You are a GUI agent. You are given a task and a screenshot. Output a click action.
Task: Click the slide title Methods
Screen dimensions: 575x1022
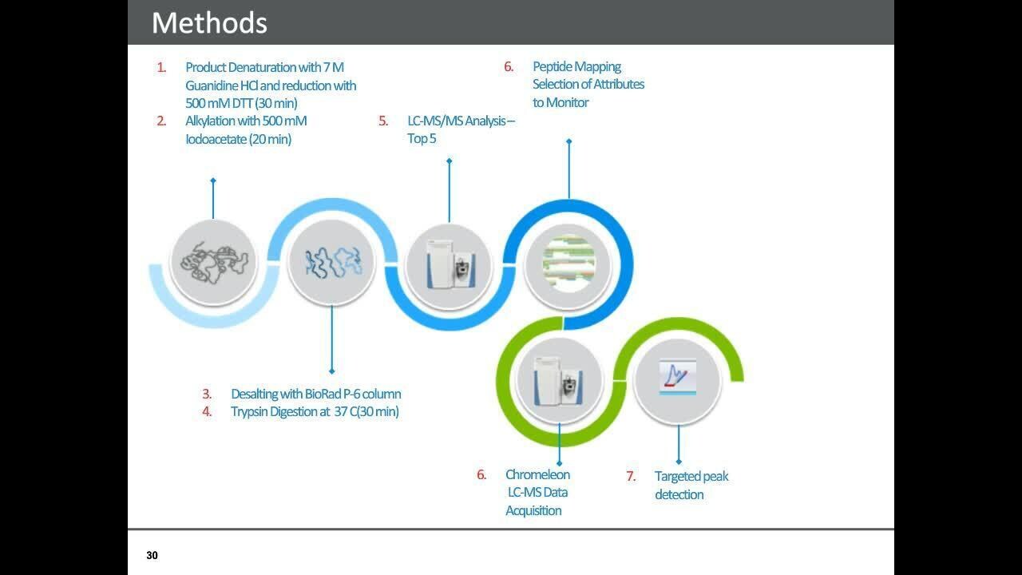[209, 22]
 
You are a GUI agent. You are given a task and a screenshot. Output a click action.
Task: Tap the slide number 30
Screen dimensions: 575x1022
[152, 555]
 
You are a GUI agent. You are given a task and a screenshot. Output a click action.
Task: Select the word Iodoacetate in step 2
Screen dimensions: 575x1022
[216, 139]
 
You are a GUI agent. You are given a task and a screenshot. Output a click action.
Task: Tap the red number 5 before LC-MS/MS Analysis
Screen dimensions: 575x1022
[383, 121]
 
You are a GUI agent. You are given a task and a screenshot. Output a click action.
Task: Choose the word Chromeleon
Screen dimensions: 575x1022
[537, 474]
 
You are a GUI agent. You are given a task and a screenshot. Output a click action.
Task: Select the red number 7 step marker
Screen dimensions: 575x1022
[631, 476]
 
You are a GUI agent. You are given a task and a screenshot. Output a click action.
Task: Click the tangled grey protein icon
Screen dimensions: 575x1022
[213, 261]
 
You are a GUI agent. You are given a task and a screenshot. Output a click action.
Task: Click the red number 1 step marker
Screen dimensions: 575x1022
[161, 67]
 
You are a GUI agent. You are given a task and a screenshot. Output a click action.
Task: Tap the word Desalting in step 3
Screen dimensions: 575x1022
[254, 394]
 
